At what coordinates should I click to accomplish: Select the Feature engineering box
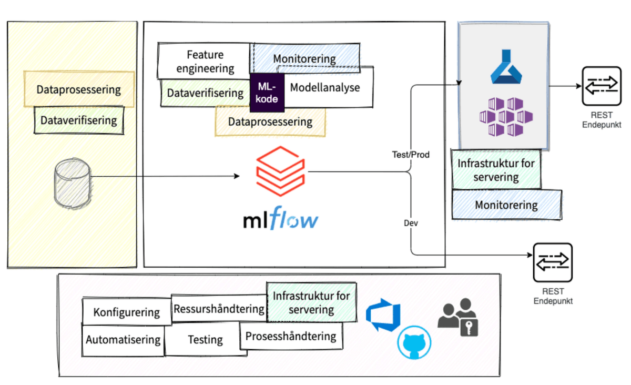pyautogui.click(x=205, y=62)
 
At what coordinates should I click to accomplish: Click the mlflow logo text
pyautogui.click(x=280, y=219)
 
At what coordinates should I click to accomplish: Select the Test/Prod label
pyautogui.click(x=411, y=155)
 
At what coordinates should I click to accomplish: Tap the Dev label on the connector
pyautogui.click(x=411, y=223)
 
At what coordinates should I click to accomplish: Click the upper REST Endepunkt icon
pyautogui.click(x=598, y=86)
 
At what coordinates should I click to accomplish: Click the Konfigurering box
pyautogui.click(x=127, y=312)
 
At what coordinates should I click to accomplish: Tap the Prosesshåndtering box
pyautogui.click(x=291, y=336)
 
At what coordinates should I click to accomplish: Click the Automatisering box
pyautogui.click(x=123, y=339)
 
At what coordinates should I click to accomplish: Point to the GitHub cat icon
pyautogui.click(x=414, y=342)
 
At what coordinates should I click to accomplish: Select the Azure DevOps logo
pyautogui.click(x=383, y=314)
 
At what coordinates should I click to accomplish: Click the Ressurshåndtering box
pyautogui.click(x=219, y=309)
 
